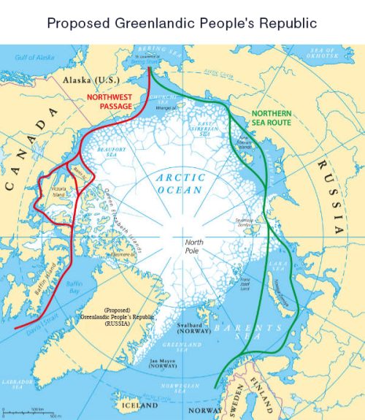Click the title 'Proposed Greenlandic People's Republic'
coord(182,23)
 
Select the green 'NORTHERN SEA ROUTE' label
coord(271,118)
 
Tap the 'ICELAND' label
coord(139,404)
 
